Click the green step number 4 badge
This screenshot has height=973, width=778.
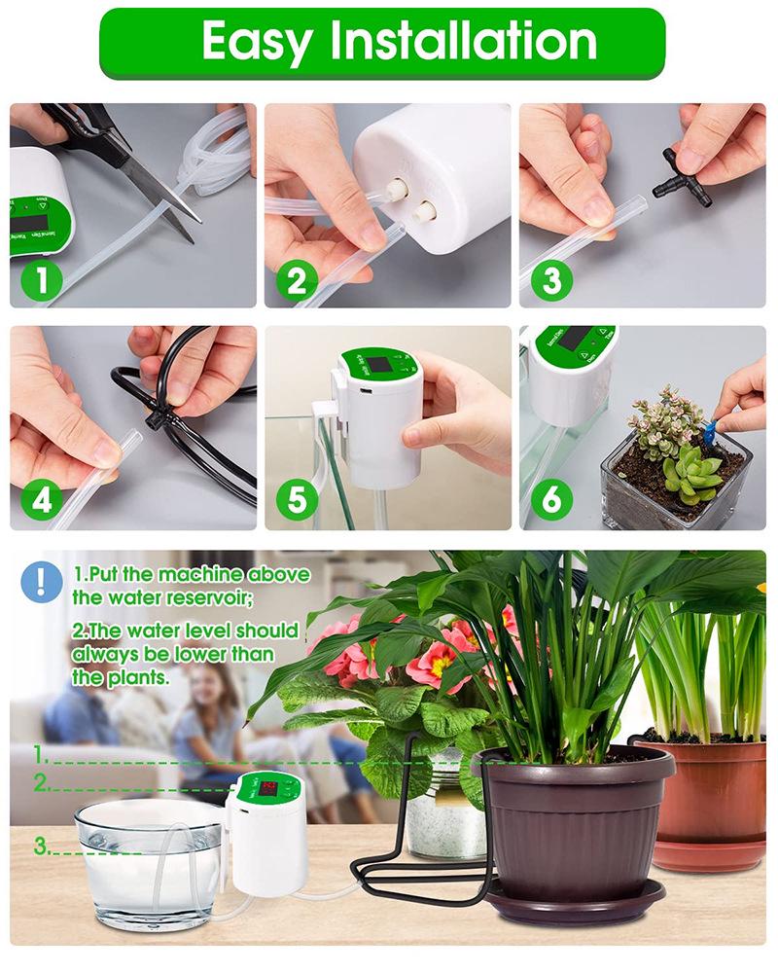[41, 500]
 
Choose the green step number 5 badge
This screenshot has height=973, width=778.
[296, 500]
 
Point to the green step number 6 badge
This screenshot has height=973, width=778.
[550, 500]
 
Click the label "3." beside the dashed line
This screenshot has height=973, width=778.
[42, 847]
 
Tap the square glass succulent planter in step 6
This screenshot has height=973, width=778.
[671, 486]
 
